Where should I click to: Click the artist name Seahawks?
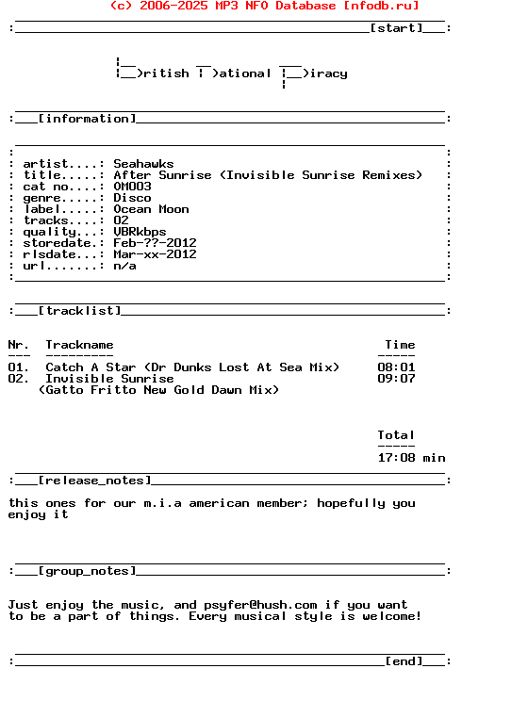click(143, 164)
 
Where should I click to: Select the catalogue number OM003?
click(132, 187)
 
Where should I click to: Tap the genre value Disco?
click(132, 198)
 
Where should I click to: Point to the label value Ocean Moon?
click(151, 209)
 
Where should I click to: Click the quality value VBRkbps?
click(140, 232)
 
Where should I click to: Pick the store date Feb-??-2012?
click(155, 243)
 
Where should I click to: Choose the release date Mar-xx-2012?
click(155, 254)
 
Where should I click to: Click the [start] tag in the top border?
click(396, 28)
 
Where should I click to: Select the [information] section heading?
click(87, 119)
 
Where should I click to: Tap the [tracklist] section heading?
click(79, 311)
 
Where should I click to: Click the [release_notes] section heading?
click(94, 481)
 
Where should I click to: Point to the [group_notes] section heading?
click(87, 571)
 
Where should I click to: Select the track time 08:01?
click(396, 367)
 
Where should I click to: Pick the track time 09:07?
click(396, 379)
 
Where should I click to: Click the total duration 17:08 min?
click(411, 458)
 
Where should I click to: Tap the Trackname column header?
click(79, 345)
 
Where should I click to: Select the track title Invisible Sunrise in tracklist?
click(109, 379)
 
